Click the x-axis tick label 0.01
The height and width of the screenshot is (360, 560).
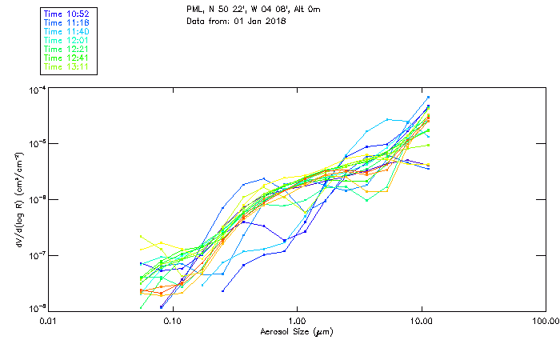48,321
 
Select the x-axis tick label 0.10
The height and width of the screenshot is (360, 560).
172,321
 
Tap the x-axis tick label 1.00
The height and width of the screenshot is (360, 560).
297,321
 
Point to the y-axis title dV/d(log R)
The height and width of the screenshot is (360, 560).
17,200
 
